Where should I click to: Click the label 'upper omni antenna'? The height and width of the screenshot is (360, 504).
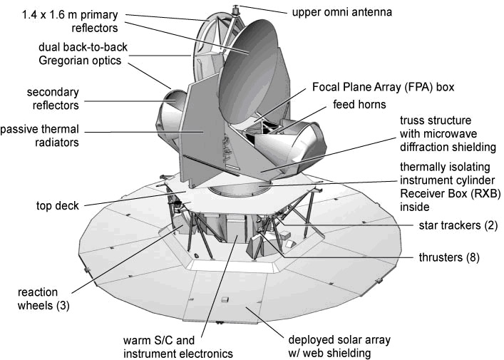[342, 12]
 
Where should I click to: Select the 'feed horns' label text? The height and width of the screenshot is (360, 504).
[359, 104]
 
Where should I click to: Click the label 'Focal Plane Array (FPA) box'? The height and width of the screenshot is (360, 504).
[383, 87]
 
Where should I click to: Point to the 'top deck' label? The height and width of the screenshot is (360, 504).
[58, 205]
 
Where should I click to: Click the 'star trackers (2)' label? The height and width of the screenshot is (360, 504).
[458, 225]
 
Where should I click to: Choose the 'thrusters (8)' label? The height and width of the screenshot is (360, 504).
[449, 257]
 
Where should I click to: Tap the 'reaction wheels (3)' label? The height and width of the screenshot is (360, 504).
[43, 299]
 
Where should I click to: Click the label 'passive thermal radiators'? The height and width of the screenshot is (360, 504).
[39, 135]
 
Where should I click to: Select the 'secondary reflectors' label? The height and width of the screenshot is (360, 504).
[53, 98]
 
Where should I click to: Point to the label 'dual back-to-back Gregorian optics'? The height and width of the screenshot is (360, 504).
[83, 53]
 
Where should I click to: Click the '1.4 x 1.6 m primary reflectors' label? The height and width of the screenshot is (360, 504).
[70, 21]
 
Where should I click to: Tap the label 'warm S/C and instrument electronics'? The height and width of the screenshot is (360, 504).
[178, 347]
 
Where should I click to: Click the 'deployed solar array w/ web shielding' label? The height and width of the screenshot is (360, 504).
[339, 346]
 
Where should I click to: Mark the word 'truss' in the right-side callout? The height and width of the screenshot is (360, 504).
[411, 120]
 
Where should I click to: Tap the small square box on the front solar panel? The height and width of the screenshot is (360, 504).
[225, 299]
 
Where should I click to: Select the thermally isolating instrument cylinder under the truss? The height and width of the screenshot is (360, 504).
[239, 189]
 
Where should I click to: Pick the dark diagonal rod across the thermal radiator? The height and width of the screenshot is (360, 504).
[212, 166]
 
